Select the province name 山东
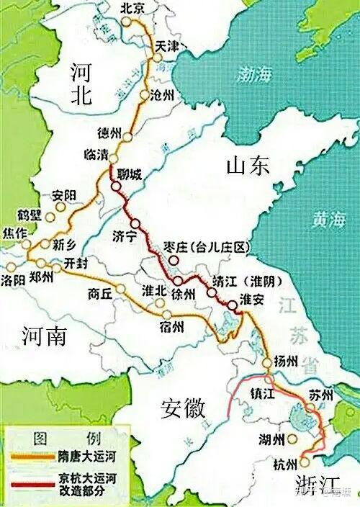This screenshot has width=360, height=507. [247, 166]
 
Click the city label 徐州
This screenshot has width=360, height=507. [184, 293]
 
